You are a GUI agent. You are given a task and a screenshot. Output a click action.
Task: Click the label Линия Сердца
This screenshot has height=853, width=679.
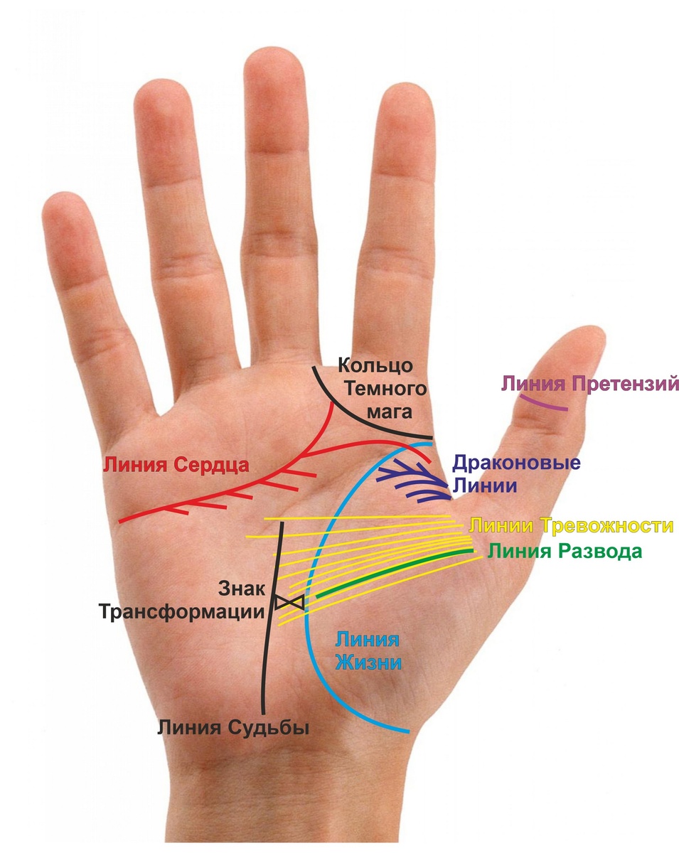point(176,466)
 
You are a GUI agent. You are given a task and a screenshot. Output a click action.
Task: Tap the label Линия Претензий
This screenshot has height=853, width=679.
point(590,385)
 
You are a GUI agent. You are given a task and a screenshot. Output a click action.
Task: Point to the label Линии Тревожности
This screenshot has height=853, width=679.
point(571,526)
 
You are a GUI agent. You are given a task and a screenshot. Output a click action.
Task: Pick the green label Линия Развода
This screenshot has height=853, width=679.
point(565,552)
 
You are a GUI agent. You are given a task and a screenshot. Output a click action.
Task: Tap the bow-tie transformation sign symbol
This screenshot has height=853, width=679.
point(290,601)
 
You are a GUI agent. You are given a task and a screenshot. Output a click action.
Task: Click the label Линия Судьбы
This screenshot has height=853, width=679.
point(235,727)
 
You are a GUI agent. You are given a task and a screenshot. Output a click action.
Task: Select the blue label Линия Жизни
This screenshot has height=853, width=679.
point(368,650)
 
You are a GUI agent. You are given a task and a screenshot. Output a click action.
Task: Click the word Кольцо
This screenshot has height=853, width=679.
point(375,366)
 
